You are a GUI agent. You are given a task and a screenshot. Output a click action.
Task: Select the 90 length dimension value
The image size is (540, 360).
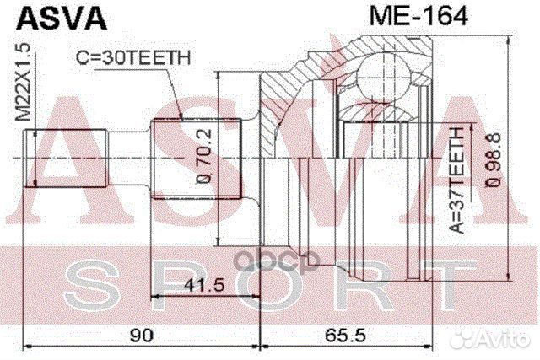[x=143, y=336]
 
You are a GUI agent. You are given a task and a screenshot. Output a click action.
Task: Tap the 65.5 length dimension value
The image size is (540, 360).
[x=346, y=336]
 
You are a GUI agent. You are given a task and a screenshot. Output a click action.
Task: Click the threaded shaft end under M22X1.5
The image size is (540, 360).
[x=68, y=158]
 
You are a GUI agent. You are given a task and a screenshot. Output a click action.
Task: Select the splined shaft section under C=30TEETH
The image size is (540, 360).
[x=196, y=158]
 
